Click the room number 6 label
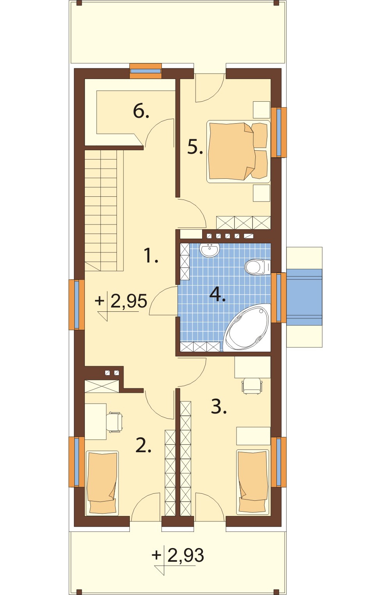[x=141, y=111]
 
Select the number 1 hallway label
[x=151, y=255]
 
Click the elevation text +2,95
[x=121, y=301]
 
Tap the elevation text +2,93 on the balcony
[x=178, y=555]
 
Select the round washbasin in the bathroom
[x=210, y=250]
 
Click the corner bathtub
[x=246, y=328]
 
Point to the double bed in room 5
[x=239, y=151]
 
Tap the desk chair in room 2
[x=115, y=422]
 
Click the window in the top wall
[x=146, y=71]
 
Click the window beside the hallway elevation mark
[x=77, y=305]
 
